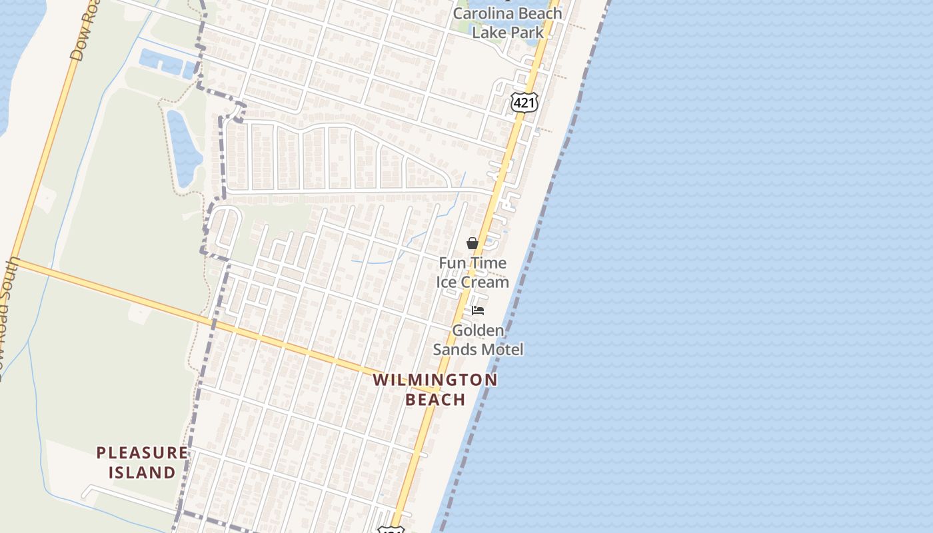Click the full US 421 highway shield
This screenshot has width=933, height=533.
click(x=524, y=102)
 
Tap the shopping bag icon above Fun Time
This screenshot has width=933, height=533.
click(x=472, y=243)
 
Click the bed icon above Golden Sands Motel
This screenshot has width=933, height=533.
click(x=477, y=310)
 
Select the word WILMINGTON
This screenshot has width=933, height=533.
click(x=435, y=380)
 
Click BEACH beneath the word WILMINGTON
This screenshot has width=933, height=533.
click(x=435, y=399)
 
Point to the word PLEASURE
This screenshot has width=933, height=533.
click(x=142, y=453)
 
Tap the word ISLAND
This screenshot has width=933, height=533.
click(x=142, y=472)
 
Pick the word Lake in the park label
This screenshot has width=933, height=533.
click(x=488, y=32)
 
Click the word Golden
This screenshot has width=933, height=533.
click(x=478, y=330)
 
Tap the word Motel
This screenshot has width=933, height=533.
click(x=503, y=349)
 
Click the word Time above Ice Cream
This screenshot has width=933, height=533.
click(x=488, y=263)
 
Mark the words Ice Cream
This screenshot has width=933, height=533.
click(x=472, y=282)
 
